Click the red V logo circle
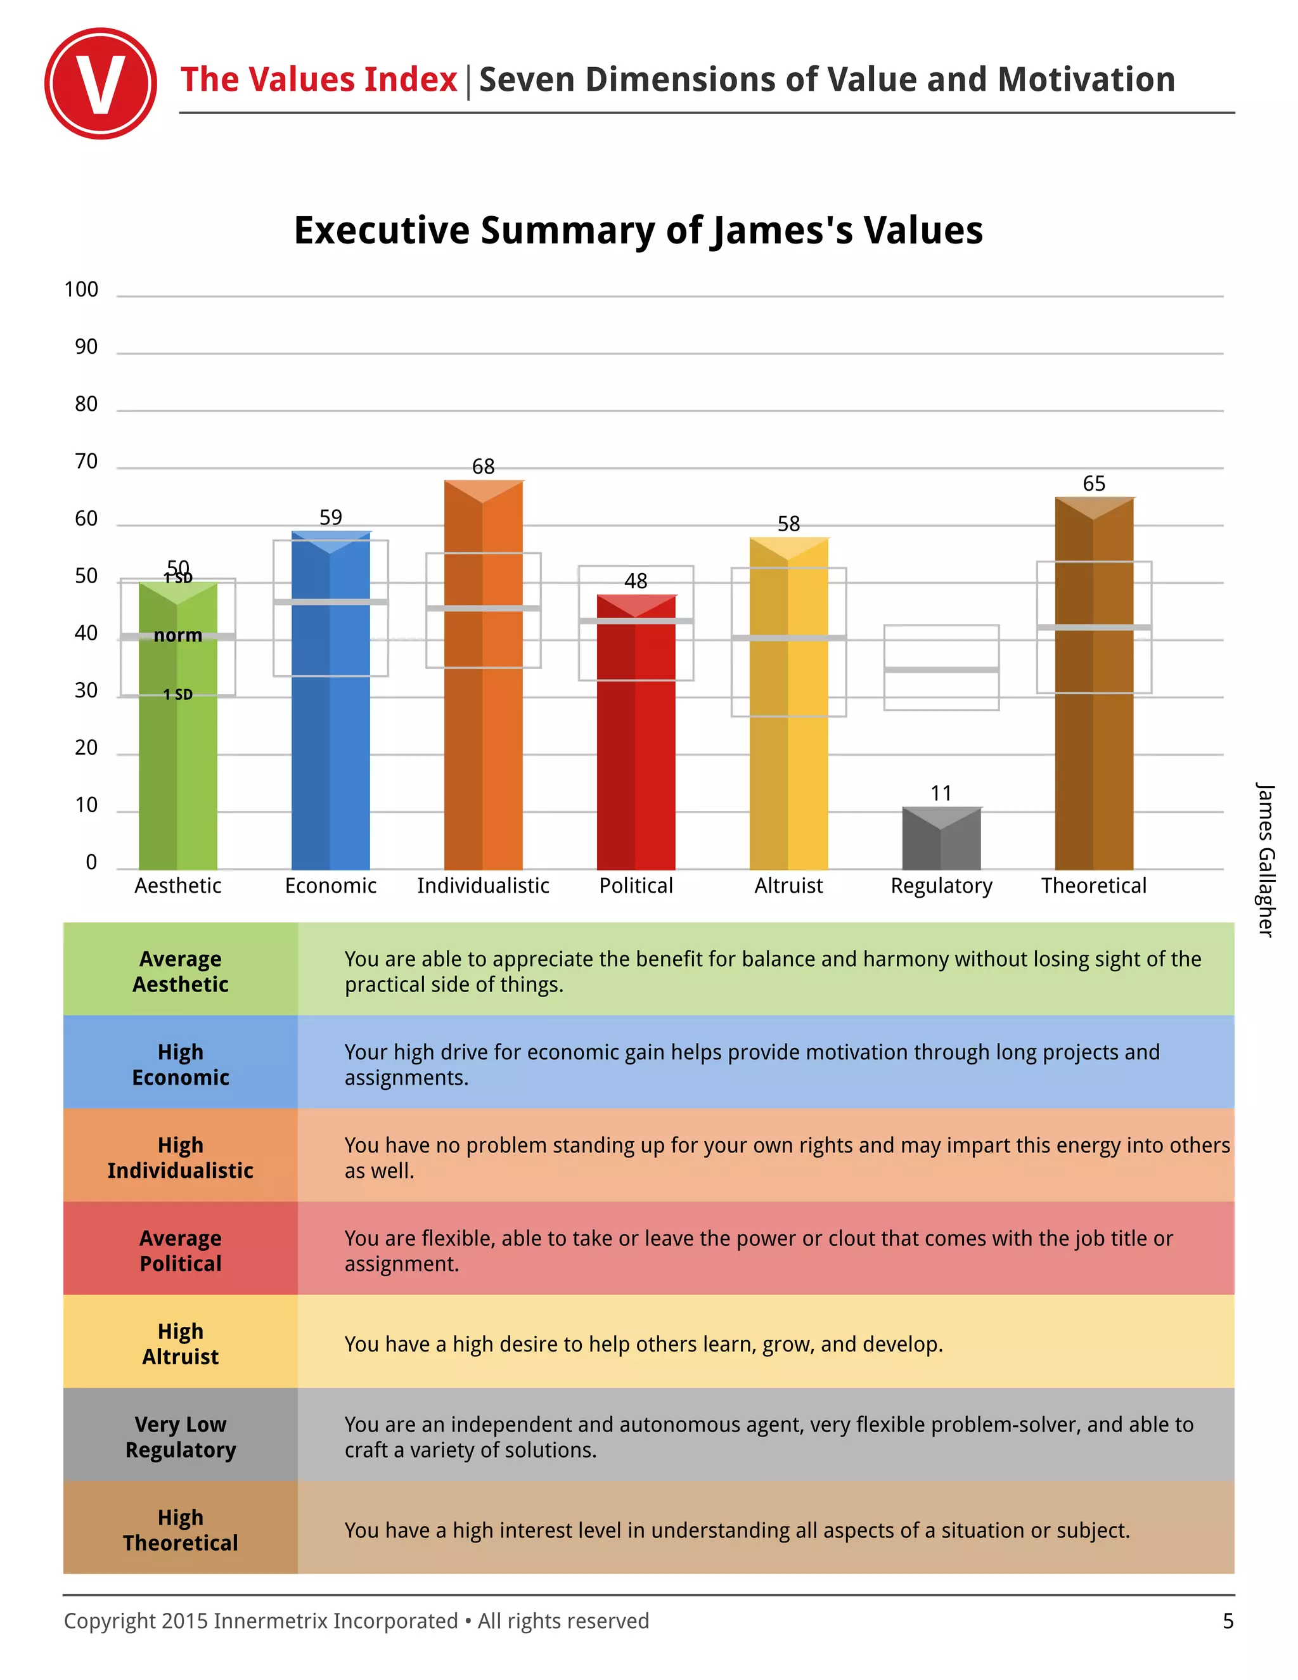[100, 83]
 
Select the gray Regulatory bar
[941, 840]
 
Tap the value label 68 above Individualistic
[483, 466]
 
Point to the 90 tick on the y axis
[86, 347]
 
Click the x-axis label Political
[636, 886]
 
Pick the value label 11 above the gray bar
[941, 793]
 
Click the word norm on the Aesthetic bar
[177, 635]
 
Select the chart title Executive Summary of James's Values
[638, 230]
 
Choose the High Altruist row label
[181, 1344]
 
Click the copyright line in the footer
[356, 1621]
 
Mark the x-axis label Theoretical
[1093, 886]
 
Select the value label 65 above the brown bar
[1093, 483]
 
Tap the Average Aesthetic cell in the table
[181, 971]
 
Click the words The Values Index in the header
[318, 80]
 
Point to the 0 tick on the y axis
[91, 862]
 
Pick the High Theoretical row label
[181, 1530]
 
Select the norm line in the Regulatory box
[941, 670]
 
